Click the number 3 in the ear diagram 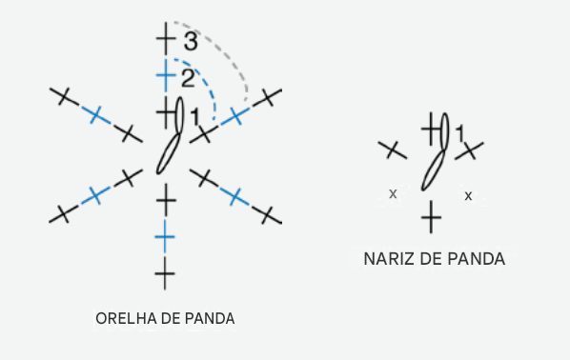point(191,41)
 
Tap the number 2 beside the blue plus point(188,78)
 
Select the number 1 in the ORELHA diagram point(195,117)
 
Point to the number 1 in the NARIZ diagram point(460,133)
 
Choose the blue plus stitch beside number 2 point(166,75)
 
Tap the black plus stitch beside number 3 point(166,38)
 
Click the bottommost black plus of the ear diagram point(165,274)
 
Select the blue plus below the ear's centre point(165,237)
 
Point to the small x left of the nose point(393,194)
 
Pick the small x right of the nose point(468,196)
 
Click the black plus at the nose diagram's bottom point(431,217)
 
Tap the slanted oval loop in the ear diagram point(169,153)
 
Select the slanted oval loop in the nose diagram point(434,170)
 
